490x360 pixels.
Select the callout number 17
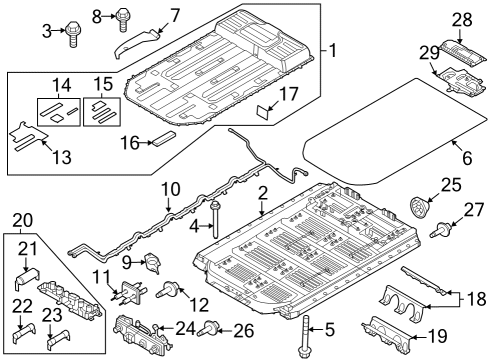[289, 96]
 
